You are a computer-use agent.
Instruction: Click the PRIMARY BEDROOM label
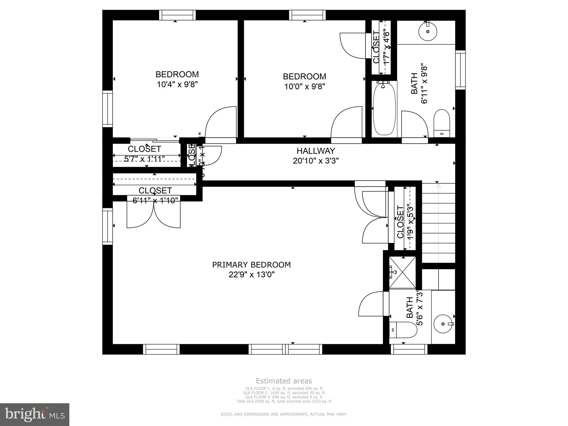[251, 265]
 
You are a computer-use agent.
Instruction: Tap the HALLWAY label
[316, 151]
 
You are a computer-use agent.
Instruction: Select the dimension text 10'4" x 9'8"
[177, 84]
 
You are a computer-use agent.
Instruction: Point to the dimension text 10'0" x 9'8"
[305, 87]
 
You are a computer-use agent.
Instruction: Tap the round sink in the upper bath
[428, 31]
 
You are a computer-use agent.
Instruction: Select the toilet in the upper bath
[442, 123]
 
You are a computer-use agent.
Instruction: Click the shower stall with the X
[402, 272]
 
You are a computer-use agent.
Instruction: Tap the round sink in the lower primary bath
[443, 324]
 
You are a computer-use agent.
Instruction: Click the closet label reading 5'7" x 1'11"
[144, 159]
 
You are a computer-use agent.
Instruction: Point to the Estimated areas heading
[284, 381]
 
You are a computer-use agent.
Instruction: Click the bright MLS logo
[34, 414]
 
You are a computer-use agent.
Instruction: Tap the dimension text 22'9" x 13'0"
[251, 275]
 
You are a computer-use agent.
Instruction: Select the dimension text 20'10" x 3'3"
[316, 161]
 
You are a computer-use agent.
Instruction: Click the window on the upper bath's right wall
[460, 70]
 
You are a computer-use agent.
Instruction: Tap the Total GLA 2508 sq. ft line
[284, 401]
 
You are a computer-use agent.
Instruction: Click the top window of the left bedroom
[177, 15]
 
